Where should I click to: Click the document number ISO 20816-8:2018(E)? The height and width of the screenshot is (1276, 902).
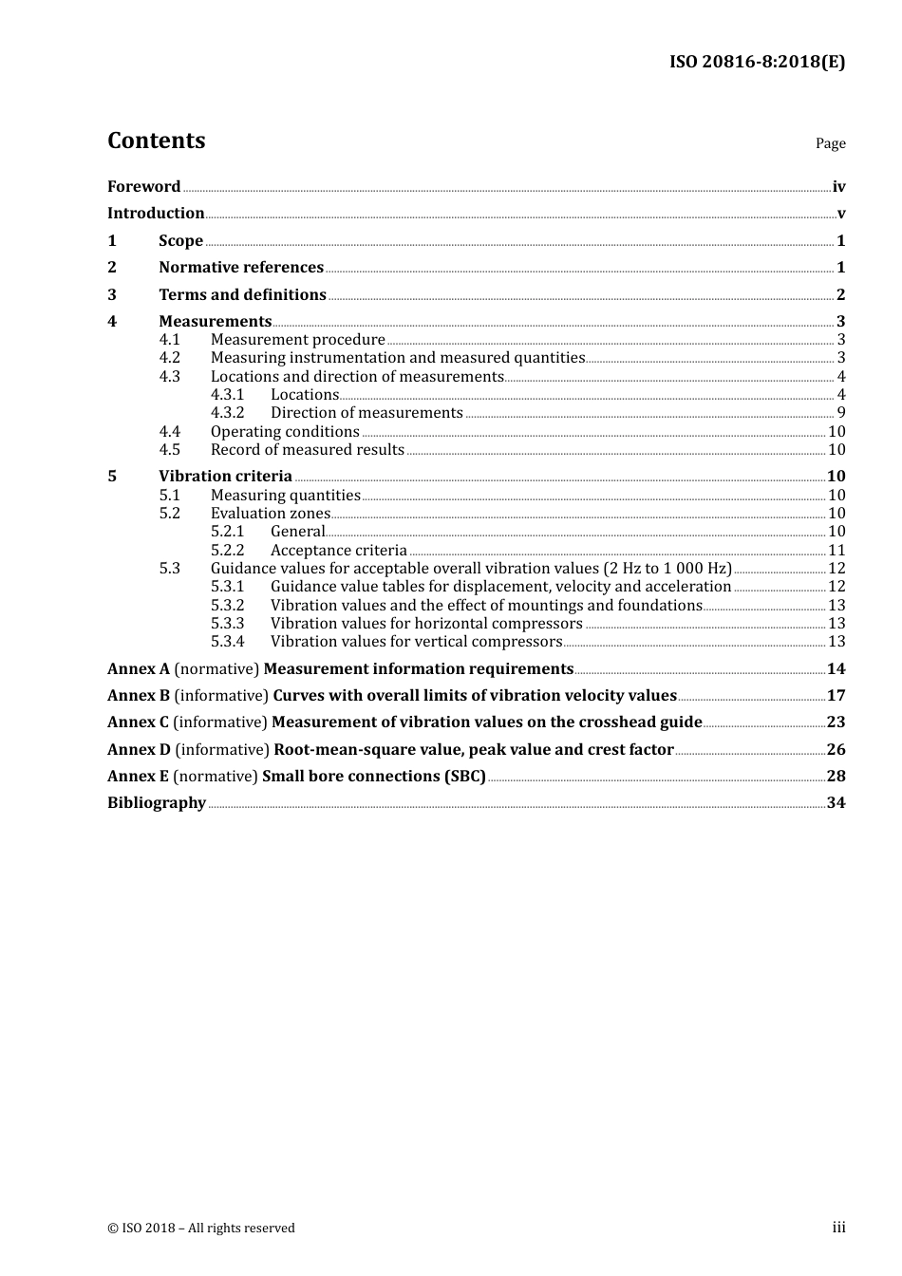point(757,62)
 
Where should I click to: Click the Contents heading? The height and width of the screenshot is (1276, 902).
point(156,141)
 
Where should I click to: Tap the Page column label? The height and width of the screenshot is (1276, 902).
point(830,143)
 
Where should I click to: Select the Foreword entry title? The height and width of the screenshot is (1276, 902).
point(143,187)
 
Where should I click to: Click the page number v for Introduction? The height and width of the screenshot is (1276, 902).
point(840,214)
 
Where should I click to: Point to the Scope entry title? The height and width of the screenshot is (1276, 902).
point(180,241)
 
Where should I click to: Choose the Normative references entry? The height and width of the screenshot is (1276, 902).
point(241,268)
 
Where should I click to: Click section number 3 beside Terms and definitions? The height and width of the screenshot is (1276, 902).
point(112,295)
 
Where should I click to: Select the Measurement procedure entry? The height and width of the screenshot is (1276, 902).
point(297,340)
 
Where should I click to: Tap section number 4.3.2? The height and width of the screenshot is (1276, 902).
point(227,413)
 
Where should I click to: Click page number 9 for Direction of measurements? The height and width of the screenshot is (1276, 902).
point(840,413)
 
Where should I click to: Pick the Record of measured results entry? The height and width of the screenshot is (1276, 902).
point(307,450)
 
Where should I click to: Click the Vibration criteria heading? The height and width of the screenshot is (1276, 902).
point(225,477)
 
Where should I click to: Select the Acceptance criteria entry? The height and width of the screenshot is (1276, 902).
point(338,551)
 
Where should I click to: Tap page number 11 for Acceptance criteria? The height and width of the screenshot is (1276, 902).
point(836,551)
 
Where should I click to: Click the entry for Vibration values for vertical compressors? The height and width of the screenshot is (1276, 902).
point(416,642)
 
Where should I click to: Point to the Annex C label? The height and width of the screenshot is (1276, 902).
point(139,722)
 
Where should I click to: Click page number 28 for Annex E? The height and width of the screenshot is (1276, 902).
point(836,777)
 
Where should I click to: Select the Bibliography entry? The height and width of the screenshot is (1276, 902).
point(157,803)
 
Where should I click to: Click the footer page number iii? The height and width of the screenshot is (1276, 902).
point(838,1228)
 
